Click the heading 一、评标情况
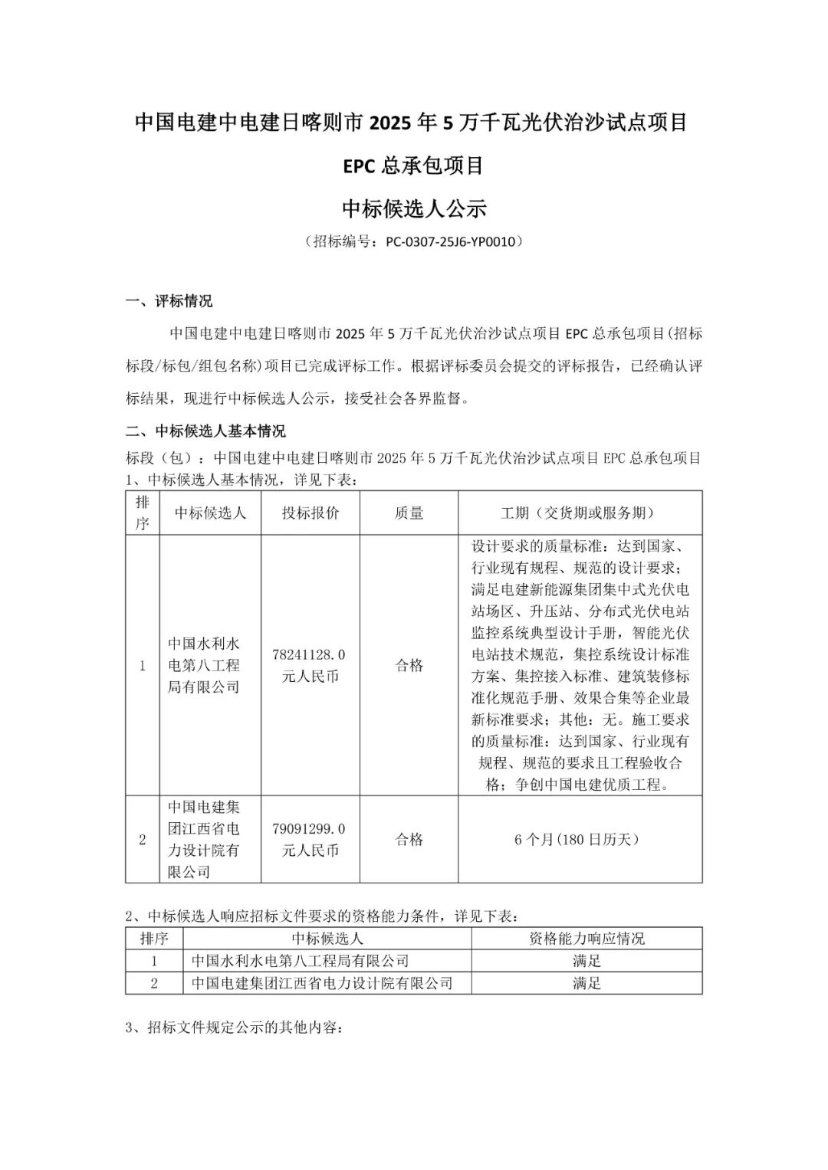169,301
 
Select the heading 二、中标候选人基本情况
205,431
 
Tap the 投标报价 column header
310,513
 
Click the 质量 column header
409,513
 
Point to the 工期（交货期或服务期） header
580,513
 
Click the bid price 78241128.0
309,654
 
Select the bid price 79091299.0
309,828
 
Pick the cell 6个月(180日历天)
580,839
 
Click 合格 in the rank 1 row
409,665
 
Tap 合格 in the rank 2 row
409,839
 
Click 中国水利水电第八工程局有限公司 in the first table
204,665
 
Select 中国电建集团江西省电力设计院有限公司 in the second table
322,983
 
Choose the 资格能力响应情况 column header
586,939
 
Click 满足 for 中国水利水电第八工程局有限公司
586,961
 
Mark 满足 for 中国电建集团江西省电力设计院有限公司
586,983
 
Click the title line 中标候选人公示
414,208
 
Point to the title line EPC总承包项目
414,166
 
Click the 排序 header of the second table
154,939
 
